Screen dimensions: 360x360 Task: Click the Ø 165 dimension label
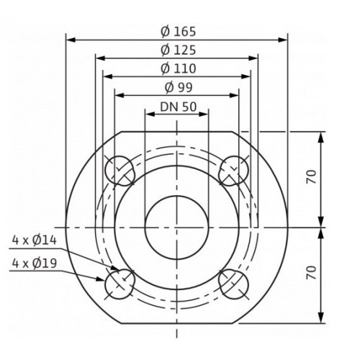pos(179,32)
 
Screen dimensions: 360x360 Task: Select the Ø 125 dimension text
pos(179,50)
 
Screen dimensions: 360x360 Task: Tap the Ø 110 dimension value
pos(179,68)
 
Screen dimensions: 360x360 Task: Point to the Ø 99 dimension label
pos(179,87)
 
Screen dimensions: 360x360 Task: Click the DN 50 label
pos(179,107)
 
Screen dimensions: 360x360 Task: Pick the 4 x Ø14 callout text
pos(35,240)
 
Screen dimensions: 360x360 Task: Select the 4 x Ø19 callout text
pos(35,264)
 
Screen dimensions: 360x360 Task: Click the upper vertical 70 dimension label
pos(311,176)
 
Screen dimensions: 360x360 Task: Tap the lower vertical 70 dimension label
pos(311,272)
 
